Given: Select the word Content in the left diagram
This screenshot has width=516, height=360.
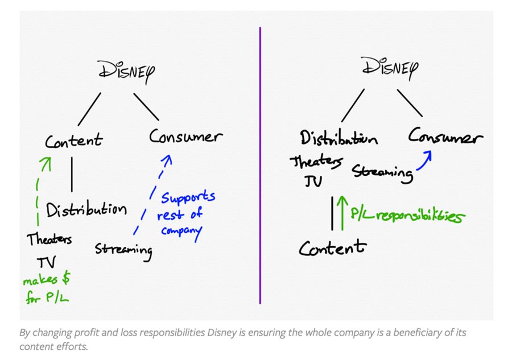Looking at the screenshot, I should point(74,140).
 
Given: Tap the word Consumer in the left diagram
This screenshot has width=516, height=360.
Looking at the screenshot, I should point(185,137).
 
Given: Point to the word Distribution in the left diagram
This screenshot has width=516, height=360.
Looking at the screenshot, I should point(86,210).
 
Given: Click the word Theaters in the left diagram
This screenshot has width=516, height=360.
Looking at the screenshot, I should point(49,239).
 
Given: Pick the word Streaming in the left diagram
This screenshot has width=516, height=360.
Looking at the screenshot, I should point(123,250).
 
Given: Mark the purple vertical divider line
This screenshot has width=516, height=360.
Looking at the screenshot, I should point(260,165).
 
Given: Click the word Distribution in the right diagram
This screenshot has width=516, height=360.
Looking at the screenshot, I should point(338,139).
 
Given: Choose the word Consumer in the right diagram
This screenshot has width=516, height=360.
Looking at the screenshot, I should point(445,138).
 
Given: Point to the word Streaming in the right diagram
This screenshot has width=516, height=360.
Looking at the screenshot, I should point(382,172).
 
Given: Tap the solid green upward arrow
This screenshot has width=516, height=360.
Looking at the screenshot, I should point(342,212).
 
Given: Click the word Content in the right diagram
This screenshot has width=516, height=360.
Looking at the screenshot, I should point(333,248).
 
